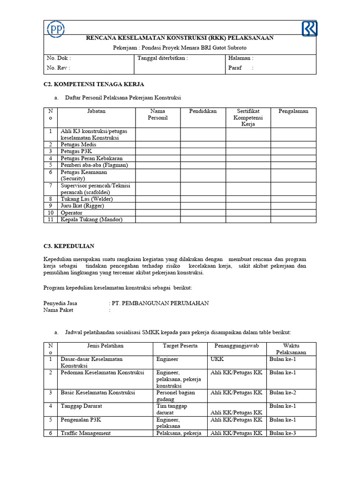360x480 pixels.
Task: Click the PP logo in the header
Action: [56, 30]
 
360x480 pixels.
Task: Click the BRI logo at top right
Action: [309, 29]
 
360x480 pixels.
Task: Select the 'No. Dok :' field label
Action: [59, 59]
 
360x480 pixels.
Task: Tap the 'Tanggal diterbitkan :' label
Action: [163, 59]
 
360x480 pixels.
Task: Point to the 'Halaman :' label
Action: [240, 59]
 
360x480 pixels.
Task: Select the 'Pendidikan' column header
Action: [203, 111]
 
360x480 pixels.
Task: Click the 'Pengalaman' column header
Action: [293, 111]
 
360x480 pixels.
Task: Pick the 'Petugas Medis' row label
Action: [79, 145]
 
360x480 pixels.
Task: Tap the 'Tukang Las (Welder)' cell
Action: [87, 199]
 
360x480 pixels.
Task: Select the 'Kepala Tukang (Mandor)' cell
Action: [92, 219]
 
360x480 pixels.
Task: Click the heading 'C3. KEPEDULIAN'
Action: [69, 246]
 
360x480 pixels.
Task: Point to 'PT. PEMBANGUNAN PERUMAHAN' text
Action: [160, 303]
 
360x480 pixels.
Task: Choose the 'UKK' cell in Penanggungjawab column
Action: [217, 359]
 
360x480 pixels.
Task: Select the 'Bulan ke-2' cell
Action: [283, 392]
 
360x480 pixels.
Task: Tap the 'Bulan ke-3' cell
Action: [283, 433]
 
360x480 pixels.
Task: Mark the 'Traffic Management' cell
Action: [86, 433]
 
